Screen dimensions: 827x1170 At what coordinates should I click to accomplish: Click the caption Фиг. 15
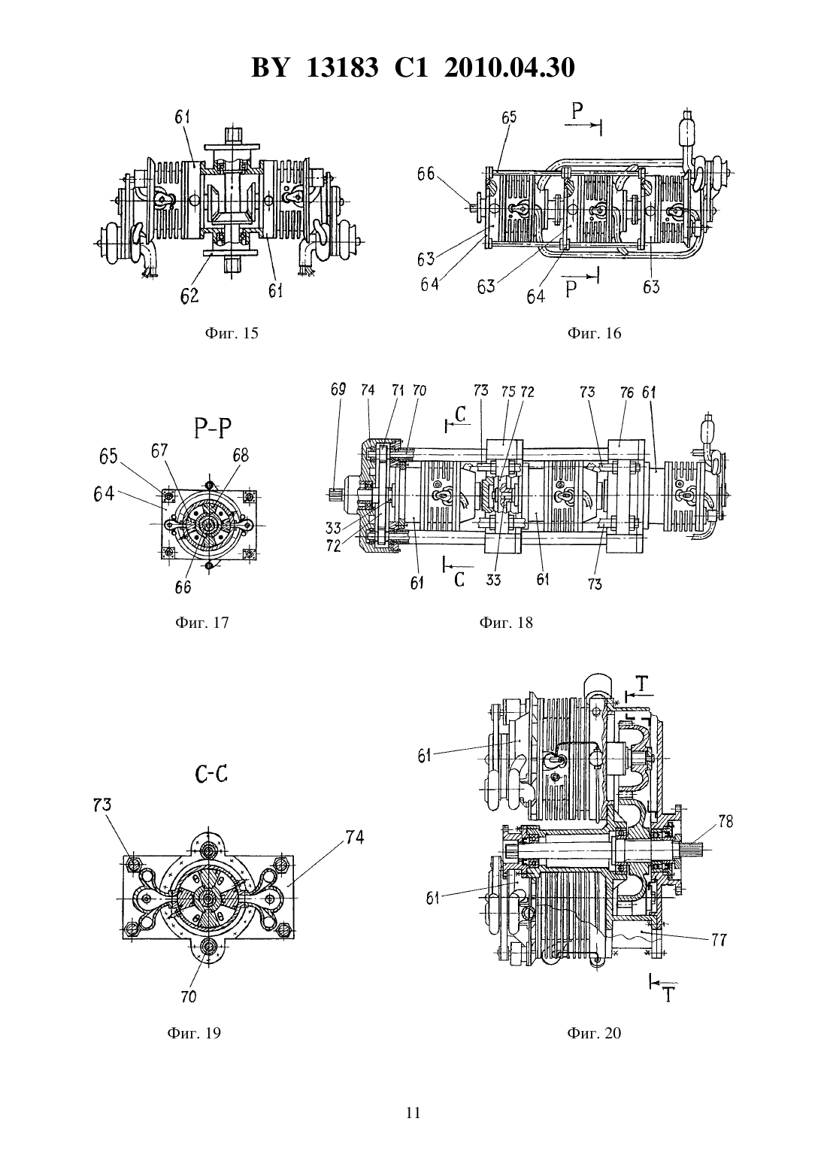[232, 333]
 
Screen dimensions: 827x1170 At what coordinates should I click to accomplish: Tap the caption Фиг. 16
[594, 333]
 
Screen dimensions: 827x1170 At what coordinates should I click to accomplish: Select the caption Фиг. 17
[202, 623]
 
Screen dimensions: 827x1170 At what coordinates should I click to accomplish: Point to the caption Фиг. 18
[506, 623]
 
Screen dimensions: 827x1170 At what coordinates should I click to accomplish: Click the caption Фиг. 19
[194, 1033]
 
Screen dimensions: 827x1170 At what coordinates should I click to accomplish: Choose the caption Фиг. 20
[594, 1033]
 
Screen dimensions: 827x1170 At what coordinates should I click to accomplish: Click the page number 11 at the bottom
[413, 1113]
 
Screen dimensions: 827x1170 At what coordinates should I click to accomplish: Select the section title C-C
[211, 774]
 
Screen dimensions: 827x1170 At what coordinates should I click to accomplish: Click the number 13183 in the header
[342, 68]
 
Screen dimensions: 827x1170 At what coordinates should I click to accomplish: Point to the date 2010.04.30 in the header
[510, 68]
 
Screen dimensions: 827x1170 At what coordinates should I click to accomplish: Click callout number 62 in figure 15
[189, 296]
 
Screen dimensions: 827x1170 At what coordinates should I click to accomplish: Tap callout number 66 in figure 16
[426, 174]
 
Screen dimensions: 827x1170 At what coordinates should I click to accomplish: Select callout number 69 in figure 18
[338, 390]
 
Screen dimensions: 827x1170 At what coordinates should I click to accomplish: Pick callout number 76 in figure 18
[627, 393]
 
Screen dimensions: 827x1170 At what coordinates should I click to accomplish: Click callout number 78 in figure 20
[726, 822]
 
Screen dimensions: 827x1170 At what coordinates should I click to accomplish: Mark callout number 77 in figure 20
[719, 940]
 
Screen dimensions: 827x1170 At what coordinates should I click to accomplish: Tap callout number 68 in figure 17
[241, 455]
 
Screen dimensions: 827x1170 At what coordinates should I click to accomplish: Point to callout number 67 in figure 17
[159, 450]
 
